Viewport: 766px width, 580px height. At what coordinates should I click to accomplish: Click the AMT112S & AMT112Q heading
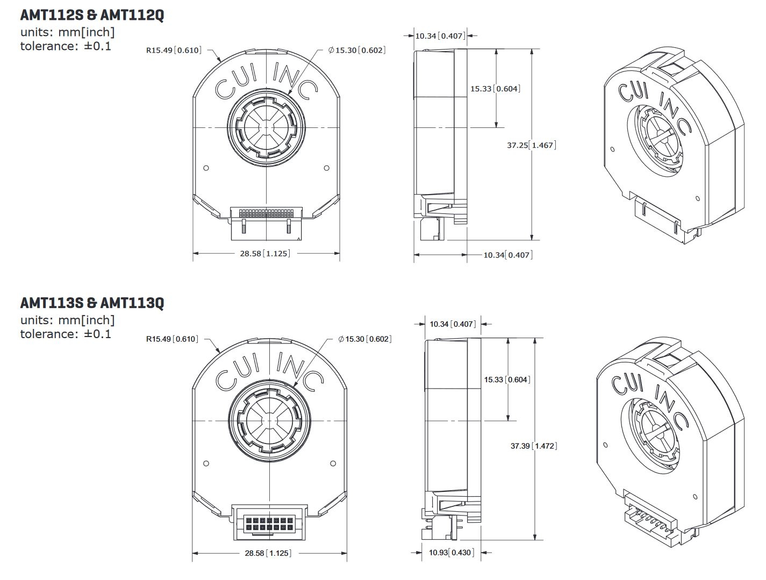[92, 16]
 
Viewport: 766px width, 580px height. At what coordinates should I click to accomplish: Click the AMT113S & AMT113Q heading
[92, 303]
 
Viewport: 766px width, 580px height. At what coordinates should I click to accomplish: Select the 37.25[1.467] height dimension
[531, 145]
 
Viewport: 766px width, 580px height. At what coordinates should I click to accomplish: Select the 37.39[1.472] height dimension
[533, 446]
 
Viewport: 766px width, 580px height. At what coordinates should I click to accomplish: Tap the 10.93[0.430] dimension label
[451, 553]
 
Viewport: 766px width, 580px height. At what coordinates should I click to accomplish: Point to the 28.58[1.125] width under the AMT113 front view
[268, 553]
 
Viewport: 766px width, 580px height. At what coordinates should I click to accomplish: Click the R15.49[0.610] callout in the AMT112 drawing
[174, 50]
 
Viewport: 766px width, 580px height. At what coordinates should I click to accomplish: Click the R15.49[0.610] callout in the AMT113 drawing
[172, 339]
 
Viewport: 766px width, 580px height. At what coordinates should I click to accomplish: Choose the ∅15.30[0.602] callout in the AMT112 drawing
[357, 50]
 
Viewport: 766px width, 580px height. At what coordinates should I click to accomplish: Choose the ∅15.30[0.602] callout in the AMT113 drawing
[365, 339]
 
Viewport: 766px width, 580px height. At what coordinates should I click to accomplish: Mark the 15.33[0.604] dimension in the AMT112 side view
[495, 89]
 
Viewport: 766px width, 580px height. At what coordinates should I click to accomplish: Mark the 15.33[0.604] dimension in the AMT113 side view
[507, 379]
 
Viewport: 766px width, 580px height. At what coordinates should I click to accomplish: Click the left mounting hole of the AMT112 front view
[206, 168]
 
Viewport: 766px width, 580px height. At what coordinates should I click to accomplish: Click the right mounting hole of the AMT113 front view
[333, 463]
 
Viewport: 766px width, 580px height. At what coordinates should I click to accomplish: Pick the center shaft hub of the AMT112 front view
[267, 128]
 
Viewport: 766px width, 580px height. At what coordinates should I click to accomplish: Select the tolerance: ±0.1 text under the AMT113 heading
[66, 334]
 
